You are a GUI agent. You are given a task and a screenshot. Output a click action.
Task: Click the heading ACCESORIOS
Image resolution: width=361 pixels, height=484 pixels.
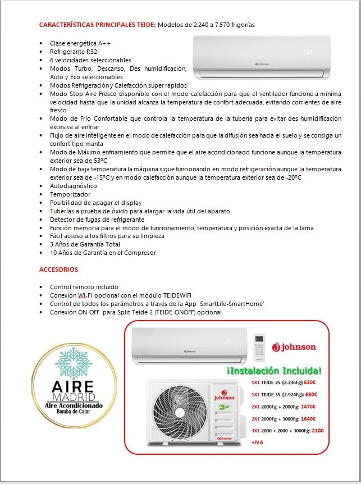click(58, 270)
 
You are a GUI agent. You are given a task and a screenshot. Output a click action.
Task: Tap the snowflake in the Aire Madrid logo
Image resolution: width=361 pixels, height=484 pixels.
click(74, 363)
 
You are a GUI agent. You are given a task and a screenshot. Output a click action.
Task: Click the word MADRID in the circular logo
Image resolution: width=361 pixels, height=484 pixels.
click(74, 397)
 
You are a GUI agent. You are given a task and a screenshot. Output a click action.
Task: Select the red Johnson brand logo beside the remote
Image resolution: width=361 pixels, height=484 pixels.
click(294, 347)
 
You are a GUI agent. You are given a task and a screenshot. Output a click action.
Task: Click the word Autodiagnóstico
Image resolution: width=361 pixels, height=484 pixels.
click(73, 186)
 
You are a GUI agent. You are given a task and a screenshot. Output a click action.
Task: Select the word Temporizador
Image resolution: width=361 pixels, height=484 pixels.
click(70, 194)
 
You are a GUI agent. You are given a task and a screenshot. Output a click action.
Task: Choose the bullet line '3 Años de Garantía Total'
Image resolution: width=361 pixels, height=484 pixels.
click(85, 244)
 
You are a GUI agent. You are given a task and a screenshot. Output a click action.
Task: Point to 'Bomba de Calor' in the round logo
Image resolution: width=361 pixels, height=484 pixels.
click(74, 413)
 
